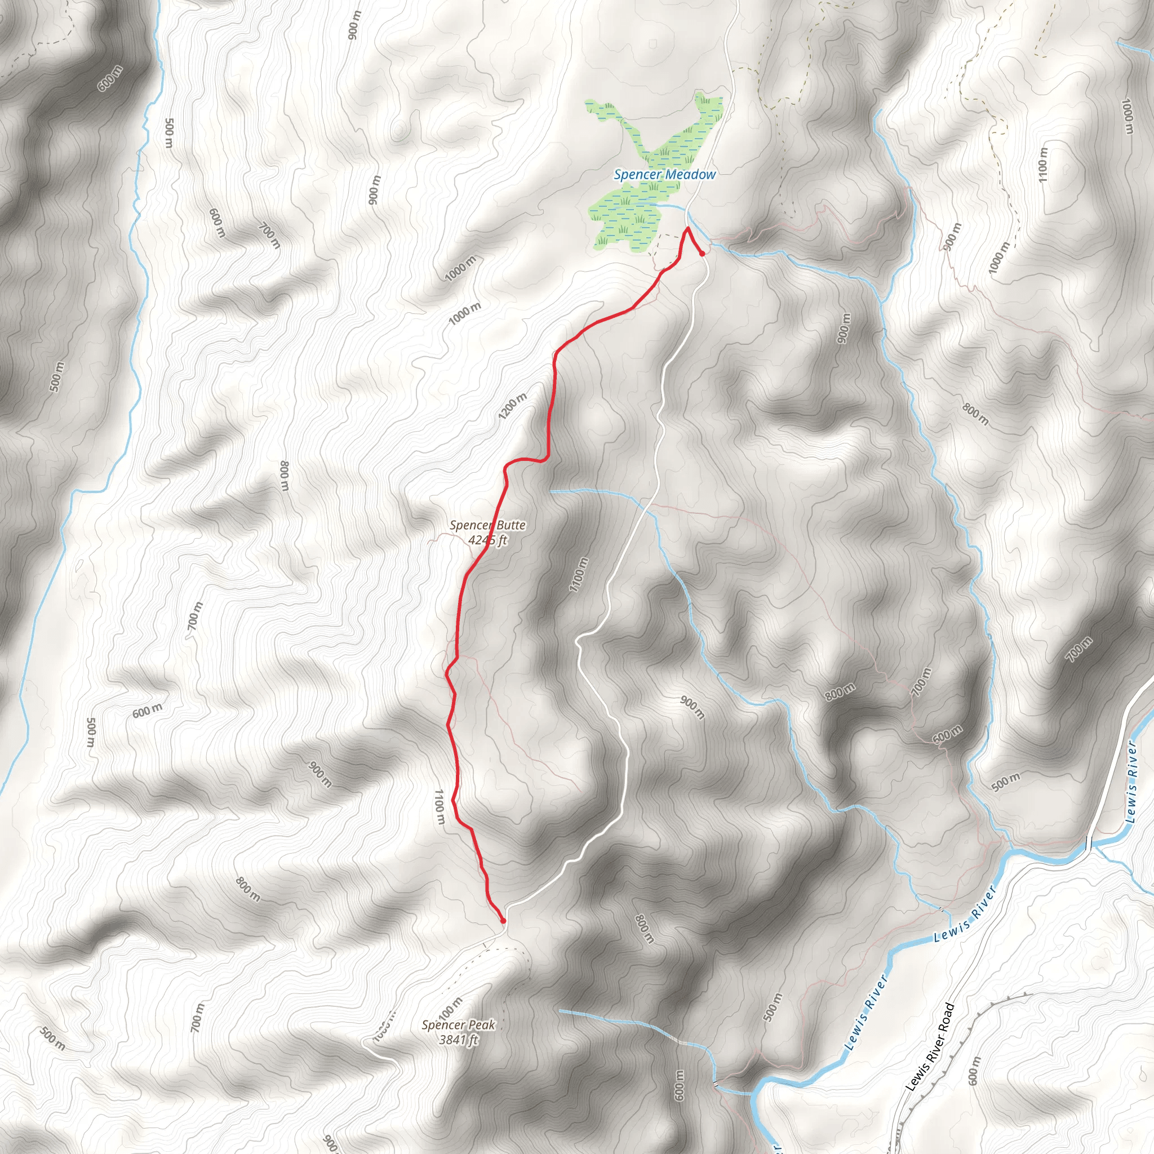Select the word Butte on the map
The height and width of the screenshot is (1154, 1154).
click(509, 525)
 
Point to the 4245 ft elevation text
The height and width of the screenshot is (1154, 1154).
click(488, 540)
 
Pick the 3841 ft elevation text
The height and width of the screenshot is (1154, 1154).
click(458, 1040)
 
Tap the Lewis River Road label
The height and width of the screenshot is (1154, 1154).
click(930, 1046)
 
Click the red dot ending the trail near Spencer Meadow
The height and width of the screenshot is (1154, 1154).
click(702, 254)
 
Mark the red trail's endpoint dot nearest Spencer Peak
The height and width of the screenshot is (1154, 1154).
click(503, 921)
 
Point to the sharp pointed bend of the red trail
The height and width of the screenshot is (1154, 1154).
click(688, 229)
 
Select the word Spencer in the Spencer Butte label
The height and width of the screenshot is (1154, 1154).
click(469, 525)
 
